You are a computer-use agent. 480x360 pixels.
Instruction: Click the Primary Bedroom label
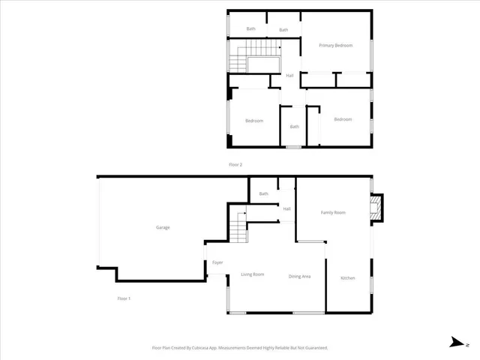pos(335,46)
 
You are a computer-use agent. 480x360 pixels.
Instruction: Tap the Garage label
pos(163,227)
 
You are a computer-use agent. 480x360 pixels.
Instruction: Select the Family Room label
pos(333,213)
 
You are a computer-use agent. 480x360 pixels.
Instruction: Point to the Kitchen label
pos(348,278)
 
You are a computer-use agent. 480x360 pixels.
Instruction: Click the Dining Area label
pos(300,277)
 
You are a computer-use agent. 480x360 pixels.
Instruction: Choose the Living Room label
pos(253,274)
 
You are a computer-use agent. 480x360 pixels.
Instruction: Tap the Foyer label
pos(217,262)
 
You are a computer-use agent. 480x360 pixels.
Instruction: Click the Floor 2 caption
pos(235,164)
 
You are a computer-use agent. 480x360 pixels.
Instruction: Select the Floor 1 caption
pos(124,298)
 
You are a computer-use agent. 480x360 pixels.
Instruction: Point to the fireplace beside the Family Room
pos(377,208)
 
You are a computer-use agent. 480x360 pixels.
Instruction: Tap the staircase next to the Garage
pos(238,228)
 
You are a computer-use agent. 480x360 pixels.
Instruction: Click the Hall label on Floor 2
pos(289,75)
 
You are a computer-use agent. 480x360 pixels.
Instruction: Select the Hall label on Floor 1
pos(286,208)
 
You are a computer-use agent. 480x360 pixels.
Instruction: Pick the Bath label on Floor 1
pos(264,194)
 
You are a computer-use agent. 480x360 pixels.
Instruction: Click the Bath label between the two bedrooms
pos(294,126)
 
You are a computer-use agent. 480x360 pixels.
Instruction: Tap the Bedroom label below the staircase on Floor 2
pos(254,121)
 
